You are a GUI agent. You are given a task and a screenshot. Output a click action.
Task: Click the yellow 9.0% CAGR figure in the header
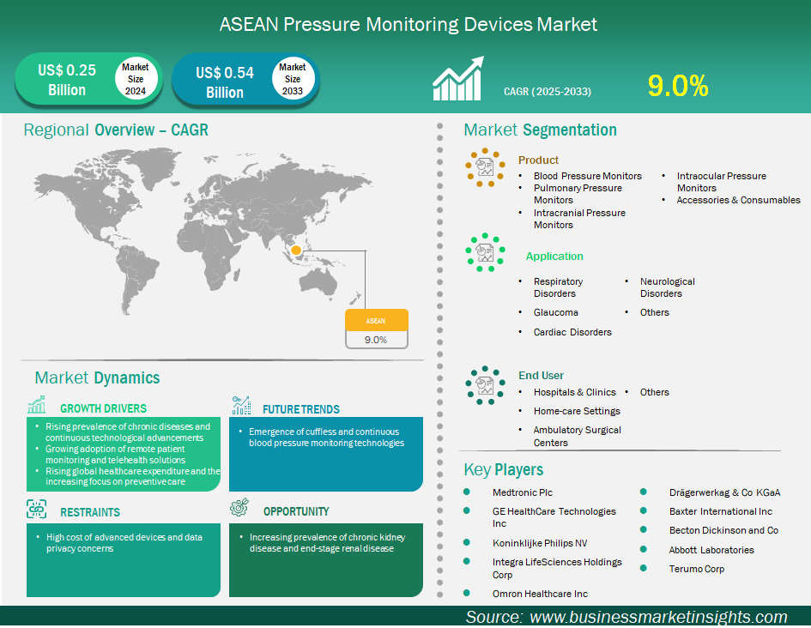678,86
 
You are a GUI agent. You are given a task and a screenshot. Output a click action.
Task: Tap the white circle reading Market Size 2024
136,79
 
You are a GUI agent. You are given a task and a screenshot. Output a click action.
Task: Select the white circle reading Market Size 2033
293,79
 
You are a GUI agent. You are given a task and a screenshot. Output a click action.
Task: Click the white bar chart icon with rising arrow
458,78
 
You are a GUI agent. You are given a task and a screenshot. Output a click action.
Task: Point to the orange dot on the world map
296,251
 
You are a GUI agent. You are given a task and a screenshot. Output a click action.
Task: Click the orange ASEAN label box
377,321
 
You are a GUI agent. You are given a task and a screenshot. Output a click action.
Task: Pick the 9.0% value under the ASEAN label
376,340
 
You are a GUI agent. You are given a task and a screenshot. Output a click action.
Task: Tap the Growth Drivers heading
104,408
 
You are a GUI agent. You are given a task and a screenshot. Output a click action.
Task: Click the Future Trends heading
301,409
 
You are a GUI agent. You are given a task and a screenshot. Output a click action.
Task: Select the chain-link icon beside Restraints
36,509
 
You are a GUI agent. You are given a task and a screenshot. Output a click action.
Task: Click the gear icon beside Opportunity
239,508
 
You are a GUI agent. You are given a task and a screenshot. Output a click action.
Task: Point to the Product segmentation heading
538,160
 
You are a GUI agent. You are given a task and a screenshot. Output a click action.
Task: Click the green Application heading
554,257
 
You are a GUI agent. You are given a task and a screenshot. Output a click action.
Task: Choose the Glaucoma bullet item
556,312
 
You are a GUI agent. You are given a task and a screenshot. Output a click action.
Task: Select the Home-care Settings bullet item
577,411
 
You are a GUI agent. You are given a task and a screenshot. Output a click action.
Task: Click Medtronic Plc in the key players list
523,492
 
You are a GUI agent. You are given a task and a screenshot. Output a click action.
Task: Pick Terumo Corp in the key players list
697,569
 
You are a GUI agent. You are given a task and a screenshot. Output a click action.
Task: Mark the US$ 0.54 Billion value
225,82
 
